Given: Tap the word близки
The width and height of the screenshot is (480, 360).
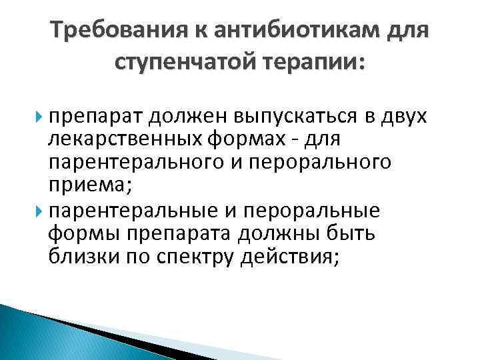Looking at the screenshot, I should pyautogui.click(x=84, y=257).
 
